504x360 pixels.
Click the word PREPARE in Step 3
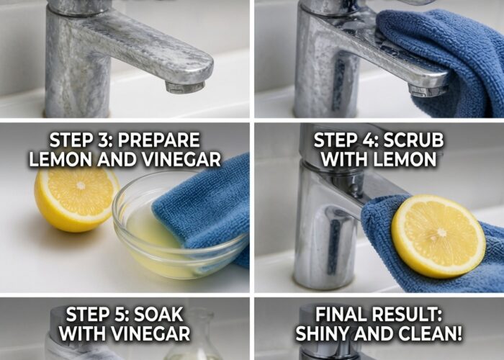[158, 140]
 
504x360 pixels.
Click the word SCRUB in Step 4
[413, 140]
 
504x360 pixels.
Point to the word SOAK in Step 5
[158, 315]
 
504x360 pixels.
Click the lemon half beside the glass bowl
[76, 199]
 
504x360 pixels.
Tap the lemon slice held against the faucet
[438, 235]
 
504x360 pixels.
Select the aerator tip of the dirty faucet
[185, 87]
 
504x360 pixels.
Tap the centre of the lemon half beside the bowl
[81, 186]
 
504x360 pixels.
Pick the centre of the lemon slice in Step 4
[441, 232]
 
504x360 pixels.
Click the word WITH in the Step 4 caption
[346, 159]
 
